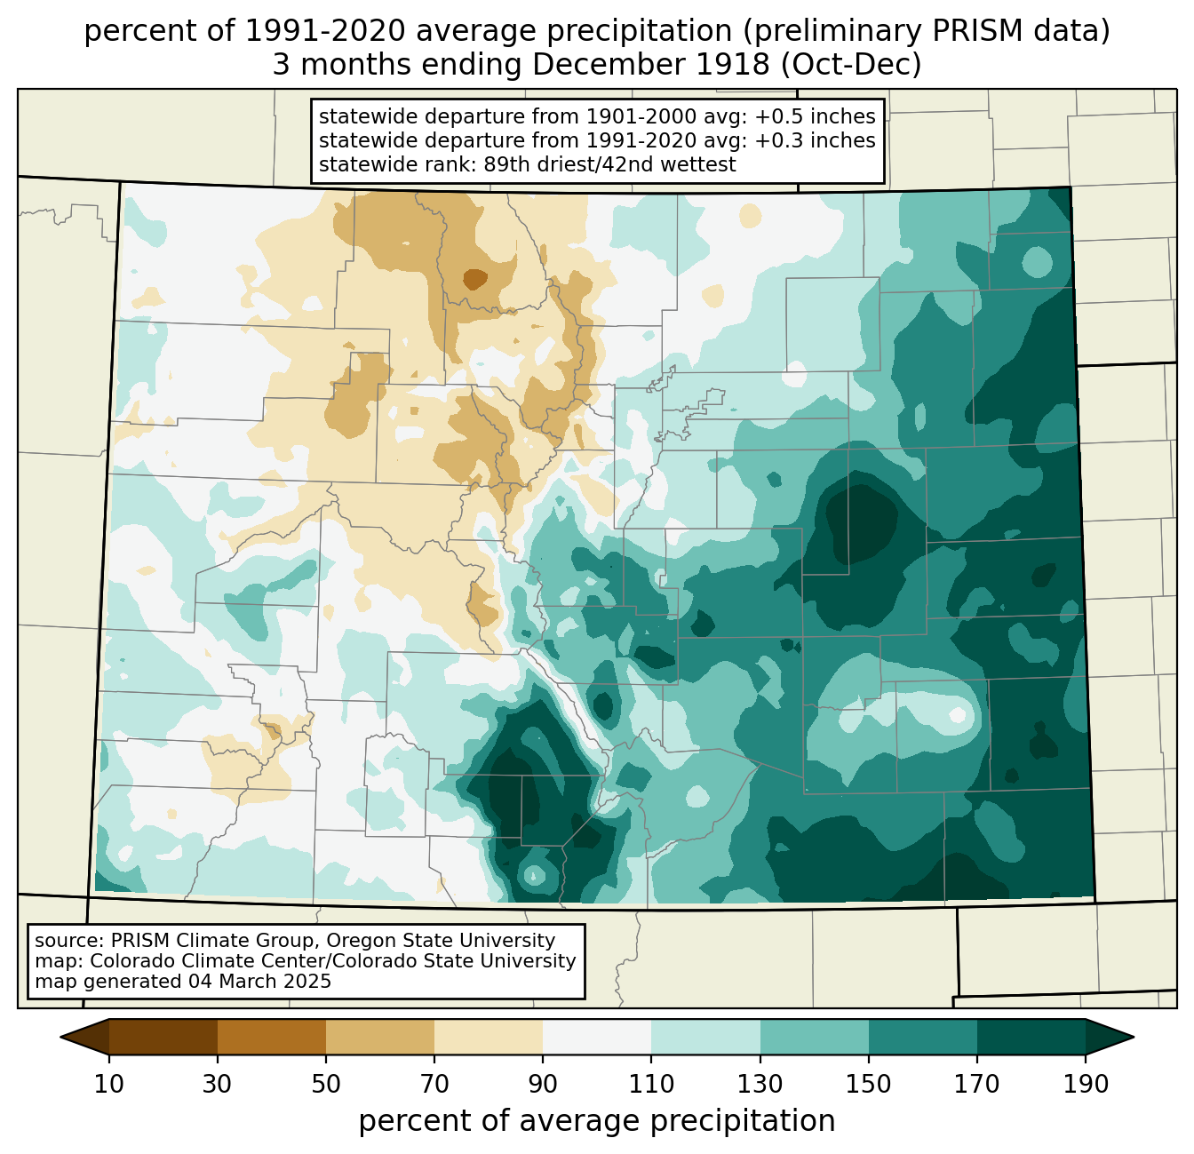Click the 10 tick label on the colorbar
[x=108, y=1085]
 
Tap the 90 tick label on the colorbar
[x=543, y=1085]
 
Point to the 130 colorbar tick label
[x=760, y=1085]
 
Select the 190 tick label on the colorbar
[x=1086, y=1085]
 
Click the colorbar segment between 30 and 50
[x=271, y=1038]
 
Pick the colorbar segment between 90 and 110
[x=597, y=1038]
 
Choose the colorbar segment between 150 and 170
[x=922, y=1038]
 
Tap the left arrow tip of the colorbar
[x=60, y=1038]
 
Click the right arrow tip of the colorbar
[x=1134, y=1038]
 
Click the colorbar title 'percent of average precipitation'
[x=596, y=1121]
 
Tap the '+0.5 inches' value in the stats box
[x=814, y=116]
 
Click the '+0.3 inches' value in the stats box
[x=814, y=140]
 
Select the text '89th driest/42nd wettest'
[x=609, y=164]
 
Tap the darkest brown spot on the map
[x=474, y=279]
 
